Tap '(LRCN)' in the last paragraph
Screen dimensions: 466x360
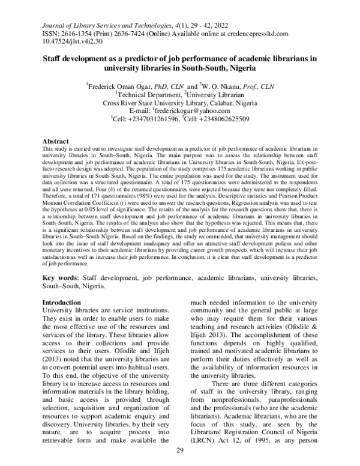pos(205,444)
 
